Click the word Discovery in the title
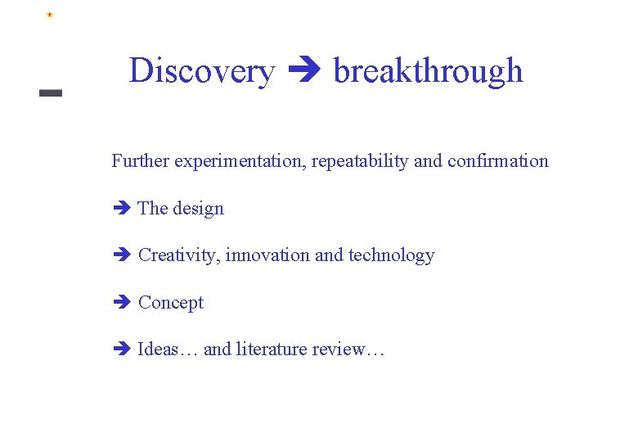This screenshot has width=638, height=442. pos(201,71)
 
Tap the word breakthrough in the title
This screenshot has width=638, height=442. pos(428,71)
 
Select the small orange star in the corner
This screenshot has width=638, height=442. pos(49,15)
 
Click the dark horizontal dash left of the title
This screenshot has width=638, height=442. pos(51,93)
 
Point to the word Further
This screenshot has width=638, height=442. pos(139,160)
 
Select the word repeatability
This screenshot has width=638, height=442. pos(361,161)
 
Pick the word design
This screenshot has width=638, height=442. pos(198,209)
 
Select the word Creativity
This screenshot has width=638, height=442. pos(179,255)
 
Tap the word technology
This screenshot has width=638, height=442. pos(392,255)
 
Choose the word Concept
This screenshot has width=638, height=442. pos(171,303)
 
